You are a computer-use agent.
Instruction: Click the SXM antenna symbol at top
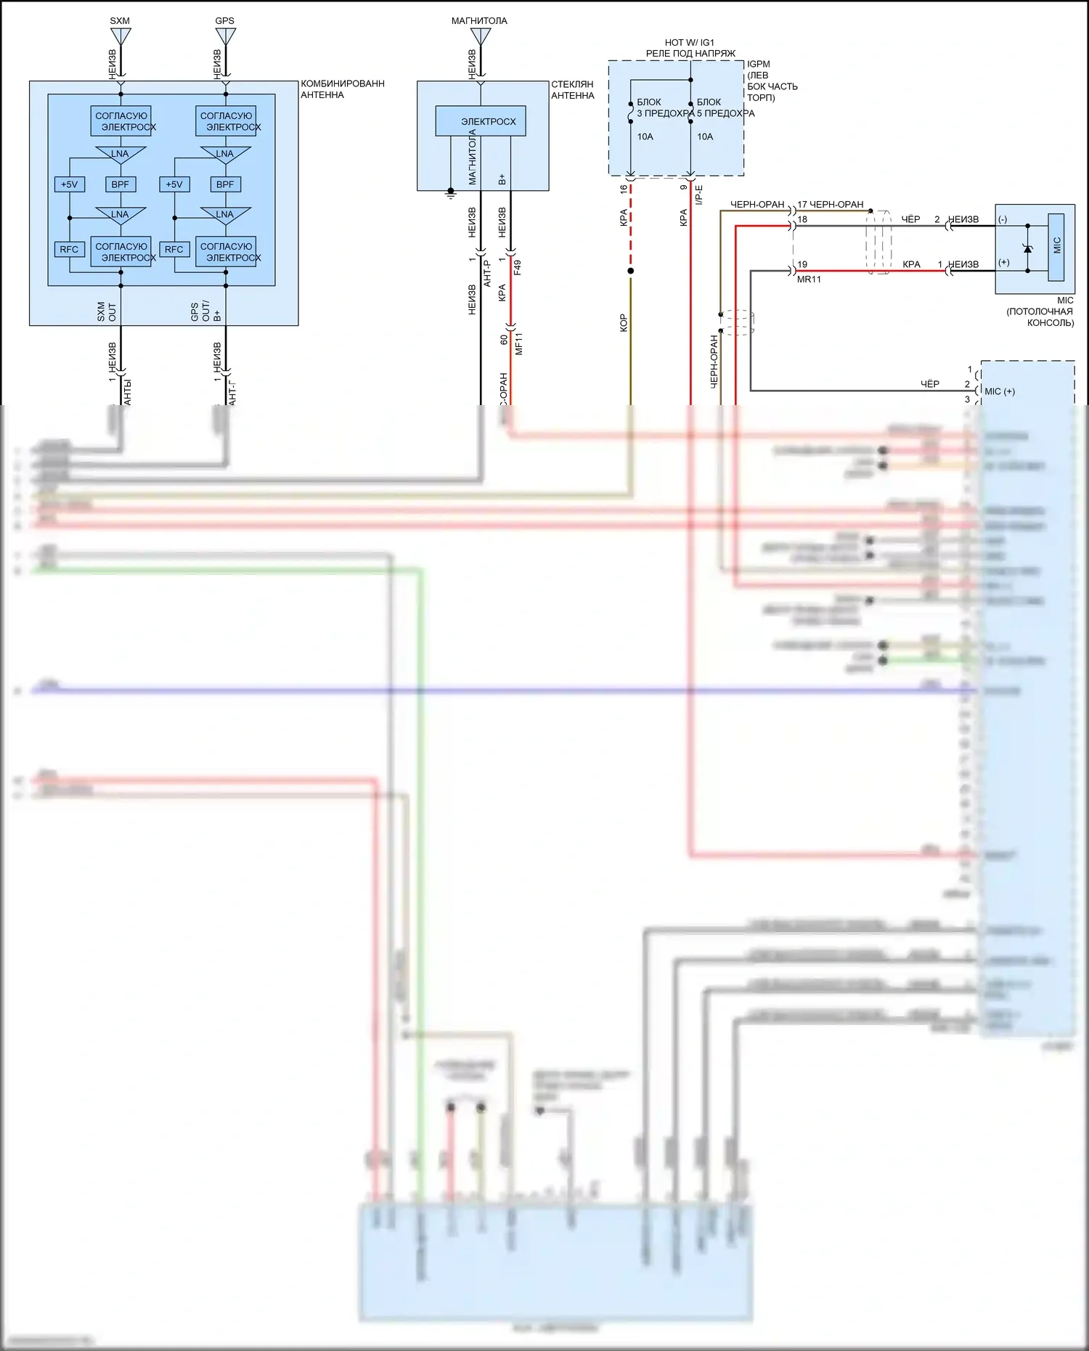[x=121, y=36]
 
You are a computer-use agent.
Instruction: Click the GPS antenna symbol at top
[x=225, y=36]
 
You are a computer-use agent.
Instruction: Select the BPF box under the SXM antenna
[x=121, y=184]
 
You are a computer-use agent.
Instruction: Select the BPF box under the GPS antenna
[x=225, y=184]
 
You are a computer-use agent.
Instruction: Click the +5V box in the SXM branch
[x=70, y=184]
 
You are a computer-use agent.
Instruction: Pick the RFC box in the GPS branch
[x=174, y=249]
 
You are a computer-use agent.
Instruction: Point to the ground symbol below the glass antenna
[x=451, y=195]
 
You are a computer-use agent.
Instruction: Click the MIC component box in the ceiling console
[x=1056, y=246]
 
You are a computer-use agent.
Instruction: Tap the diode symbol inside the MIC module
[x=1027, y=249]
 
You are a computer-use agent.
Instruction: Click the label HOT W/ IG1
[x=689, y=42]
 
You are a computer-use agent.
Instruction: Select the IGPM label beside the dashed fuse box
[x=759, y=64]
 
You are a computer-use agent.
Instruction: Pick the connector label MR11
[x=809, y=279]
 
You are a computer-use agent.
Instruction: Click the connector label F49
[x=518, y=267]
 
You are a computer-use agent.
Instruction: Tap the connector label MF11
[x=518, y=343]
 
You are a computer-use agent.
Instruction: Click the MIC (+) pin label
[x=1000, y=391]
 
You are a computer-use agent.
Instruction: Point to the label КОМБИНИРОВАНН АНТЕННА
[x=342, y=89]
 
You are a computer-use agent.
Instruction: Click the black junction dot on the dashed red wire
[x=631, y=271]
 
